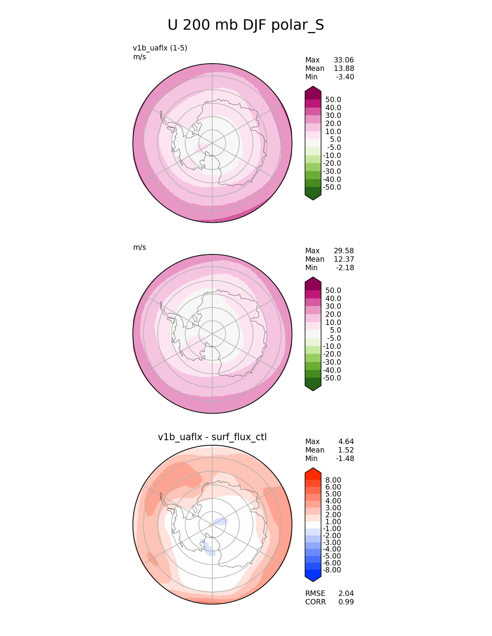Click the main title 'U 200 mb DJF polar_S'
(x=245, y=25)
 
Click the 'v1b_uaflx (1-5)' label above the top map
(x=160, y=48)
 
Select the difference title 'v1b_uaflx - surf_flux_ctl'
(x=212, y=437)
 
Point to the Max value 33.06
(x=344, y=60)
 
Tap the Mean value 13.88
(x=344, y=69)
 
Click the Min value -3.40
(x=345, y=77)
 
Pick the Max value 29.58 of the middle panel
(x=344, y=251)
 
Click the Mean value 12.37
(x=344, y=259)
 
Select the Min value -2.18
(x=345, y=268)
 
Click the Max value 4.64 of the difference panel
(x=346, y=442)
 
